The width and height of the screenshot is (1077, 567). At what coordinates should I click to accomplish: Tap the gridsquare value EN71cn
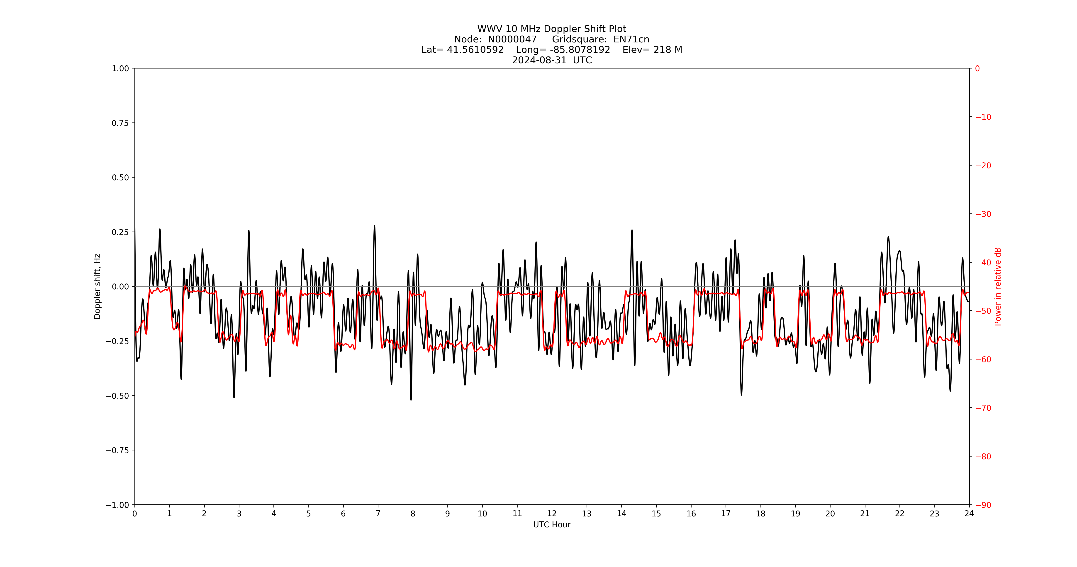coord(631,39)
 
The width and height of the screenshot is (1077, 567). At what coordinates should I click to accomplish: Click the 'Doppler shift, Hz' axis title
coord(97,286)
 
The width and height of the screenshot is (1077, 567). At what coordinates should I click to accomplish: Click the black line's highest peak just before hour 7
coord(375,226)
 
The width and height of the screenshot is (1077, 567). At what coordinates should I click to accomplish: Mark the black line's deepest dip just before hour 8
coord(411,400)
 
